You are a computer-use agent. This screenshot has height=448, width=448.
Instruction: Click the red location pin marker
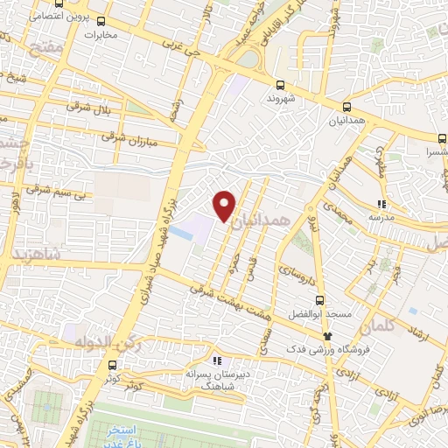point(225,205)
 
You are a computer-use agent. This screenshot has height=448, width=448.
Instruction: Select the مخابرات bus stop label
point(101,36)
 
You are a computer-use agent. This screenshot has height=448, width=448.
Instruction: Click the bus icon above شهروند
point(280,85)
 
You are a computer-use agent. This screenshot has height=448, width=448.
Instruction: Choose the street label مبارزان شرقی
point(129,137)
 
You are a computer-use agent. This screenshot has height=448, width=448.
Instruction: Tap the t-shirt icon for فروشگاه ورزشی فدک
point(328,335)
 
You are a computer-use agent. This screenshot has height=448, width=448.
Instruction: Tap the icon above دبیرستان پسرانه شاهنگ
point(217,360)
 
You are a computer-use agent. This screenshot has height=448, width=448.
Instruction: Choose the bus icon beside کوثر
point(112,366)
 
